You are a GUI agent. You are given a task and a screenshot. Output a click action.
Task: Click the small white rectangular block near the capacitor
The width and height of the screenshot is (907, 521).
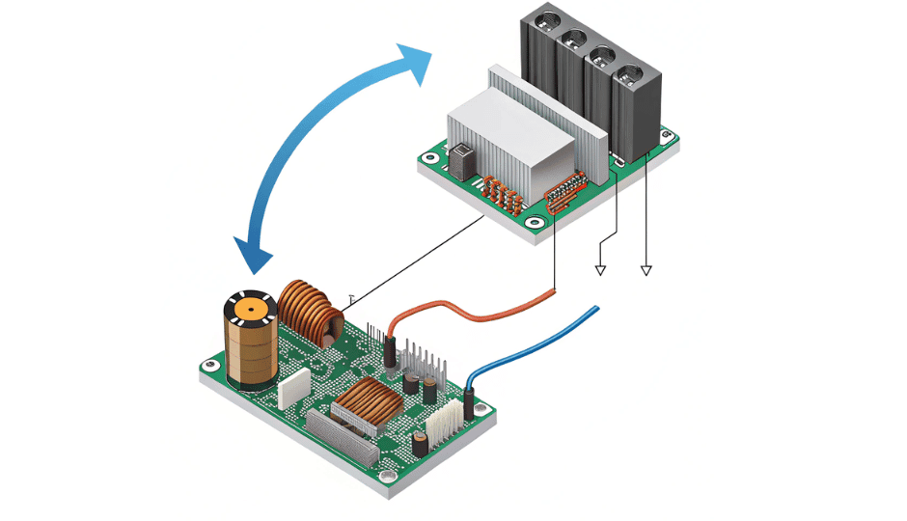tap(291, 389)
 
